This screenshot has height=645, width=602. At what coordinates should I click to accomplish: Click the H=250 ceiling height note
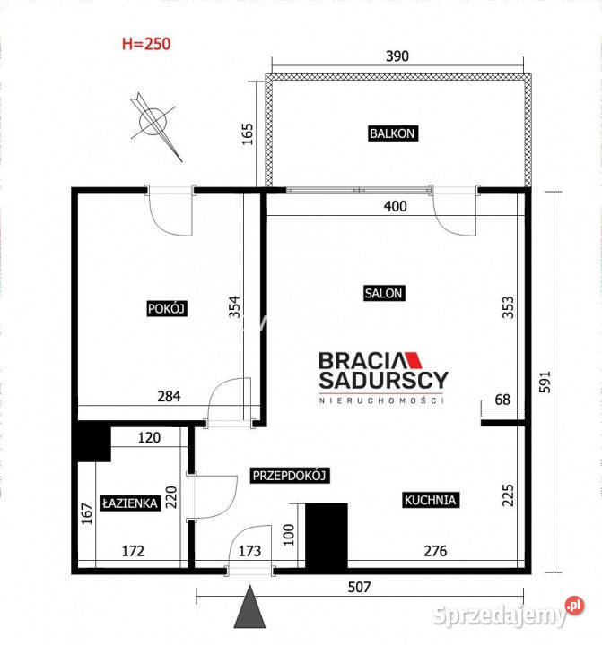point(145,42)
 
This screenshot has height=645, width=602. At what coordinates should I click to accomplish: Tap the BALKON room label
point(393,133)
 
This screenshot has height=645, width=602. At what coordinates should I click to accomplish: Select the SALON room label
point(384,293)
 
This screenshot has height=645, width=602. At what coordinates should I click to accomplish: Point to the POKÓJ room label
point(165,308)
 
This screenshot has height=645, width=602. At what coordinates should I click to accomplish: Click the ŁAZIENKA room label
point(130,503)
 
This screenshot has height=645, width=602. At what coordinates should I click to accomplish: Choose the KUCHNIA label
point(431,501)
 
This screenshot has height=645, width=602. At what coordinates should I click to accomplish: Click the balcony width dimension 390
point(397,56)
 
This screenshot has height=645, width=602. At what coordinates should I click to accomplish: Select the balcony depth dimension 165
point(249,134)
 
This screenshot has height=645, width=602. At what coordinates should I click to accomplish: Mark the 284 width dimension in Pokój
point(169,395)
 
